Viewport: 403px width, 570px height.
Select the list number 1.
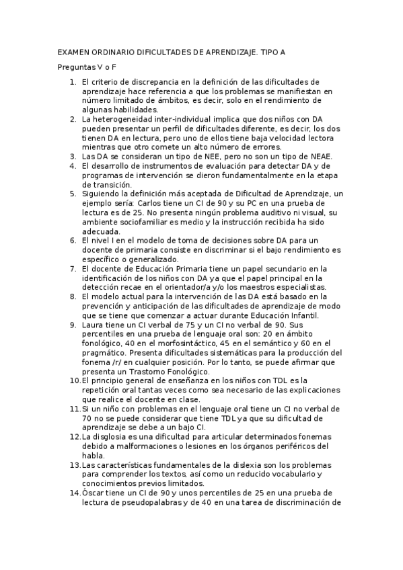(73, 82)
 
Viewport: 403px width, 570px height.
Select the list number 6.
(73, 241)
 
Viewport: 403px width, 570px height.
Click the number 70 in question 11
(86, 417)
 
